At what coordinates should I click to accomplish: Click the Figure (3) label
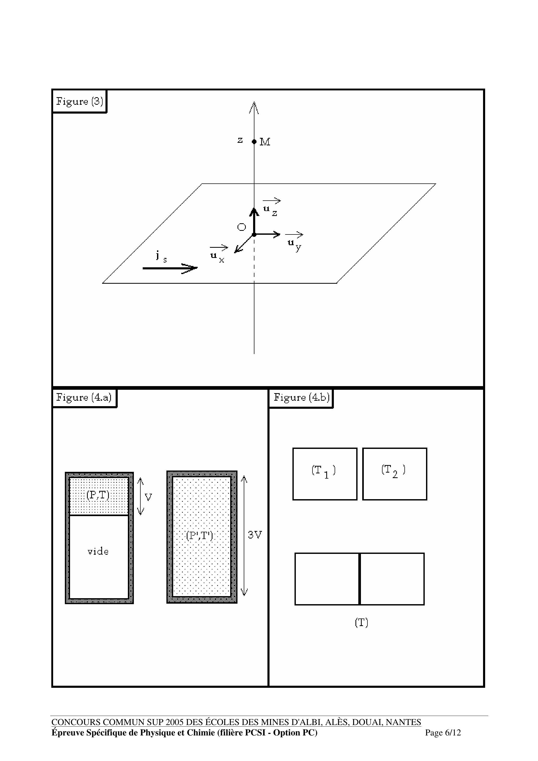pyautogui.click(x=79, y=101)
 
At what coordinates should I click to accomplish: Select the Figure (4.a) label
pyautogui.click(x=84, y=397)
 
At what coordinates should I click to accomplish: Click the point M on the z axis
pyautogui.click(x=254, y=141)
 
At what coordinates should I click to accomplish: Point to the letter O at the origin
pyautogui.click(x=241, y=227)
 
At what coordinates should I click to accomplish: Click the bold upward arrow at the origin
pyautogui.click(x=254, y=220)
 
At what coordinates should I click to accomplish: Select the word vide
pyautogui.click(x=98, y=551)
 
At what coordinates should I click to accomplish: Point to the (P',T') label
pyautogui.click(x=199, y=535)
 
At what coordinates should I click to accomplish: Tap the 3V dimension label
pyautogui.click(x=255, y=535)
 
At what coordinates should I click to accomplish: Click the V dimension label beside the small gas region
pyautogui.click(x=148, y=497)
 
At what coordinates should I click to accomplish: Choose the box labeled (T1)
pyautogui.click(x=325, y=474)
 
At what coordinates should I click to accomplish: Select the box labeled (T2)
pyautogui.click(x=395, y=474)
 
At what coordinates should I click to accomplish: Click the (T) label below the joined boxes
pyautogui.click(x=361, y=623)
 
